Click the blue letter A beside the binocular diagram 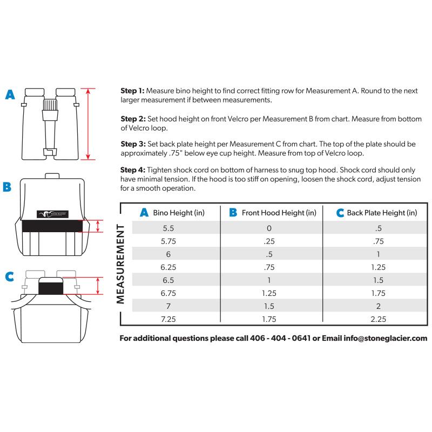tap(10, 96)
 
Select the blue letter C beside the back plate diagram tap(9, 277)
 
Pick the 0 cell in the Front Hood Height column tap(269, 228)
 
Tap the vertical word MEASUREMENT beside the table tap(122, 264)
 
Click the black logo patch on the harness tap(53, 213)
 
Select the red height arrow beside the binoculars tap(90, 124)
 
